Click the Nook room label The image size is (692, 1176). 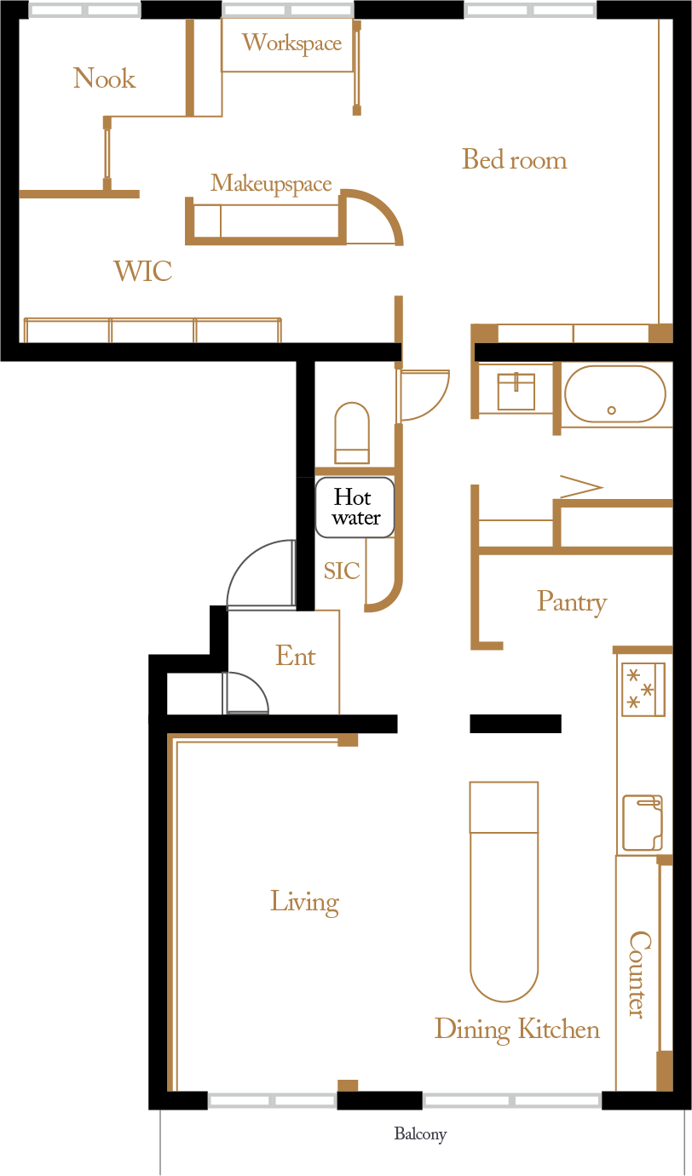104,79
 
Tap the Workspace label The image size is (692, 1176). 291,43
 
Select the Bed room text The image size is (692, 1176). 514,160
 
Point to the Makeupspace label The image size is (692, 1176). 271,184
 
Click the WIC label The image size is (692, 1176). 143,272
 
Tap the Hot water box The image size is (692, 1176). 355,508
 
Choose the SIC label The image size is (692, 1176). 342,571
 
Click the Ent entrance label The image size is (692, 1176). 295,657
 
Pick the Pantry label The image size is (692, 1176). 571,602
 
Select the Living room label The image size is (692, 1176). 304,902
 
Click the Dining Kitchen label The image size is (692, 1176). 516,1030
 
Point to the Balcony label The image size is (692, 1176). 420,1134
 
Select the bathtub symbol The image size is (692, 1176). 614,394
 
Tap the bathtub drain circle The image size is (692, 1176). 612,410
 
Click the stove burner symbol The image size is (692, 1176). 642,689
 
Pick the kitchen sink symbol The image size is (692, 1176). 642,823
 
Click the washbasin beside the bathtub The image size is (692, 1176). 516,392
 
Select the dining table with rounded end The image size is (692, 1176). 504,890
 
